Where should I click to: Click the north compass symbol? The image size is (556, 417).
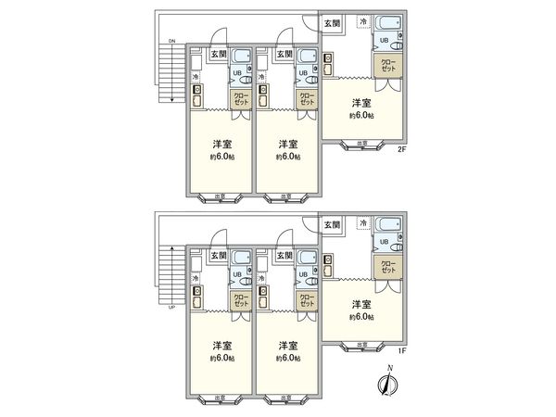click(x=385, y=382)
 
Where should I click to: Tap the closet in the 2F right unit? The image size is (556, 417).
click(x=386, y=65)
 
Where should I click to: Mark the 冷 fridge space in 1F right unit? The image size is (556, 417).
click(x=363, y=223)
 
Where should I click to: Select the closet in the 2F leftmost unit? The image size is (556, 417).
click(x=239, y=99)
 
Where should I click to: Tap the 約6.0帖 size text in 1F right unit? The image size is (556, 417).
click(x=362, y=317)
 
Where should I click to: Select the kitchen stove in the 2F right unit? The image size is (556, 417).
click(x=328, y=61)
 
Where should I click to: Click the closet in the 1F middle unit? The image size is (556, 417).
click(x=305, y=299)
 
